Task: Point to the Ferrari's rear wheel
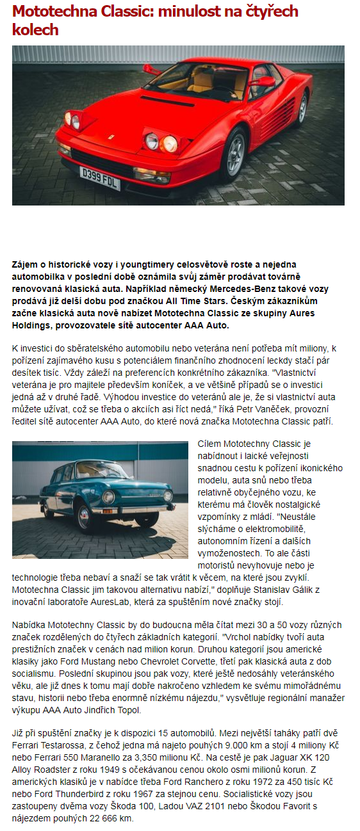(302, 109)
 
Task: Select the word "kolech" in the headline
(35, 30)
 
